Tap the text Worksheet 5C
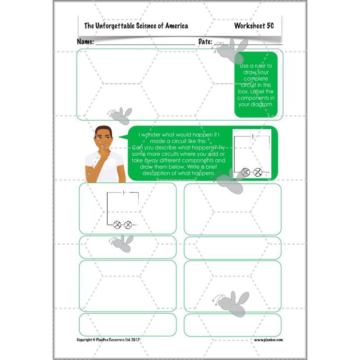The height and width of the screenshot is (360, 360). pyautogui.click(x=254, y=26)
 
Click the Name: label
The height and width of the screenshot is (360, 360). pyautogui.click(x=85, y=41)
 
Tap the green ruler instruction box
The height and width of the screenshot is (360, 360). pyautogui.click(x=256, y=85)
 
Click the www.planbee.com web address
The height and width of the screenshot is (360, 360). pyautogui.click(x=268, y=340)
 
